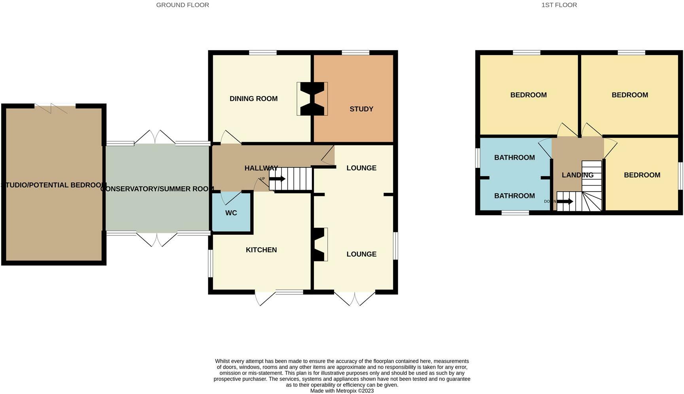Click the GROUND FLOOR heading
[x=183, y=5]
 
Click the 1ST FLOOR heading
[x=559, y=5]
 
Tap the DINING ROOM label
[x=253, y=99]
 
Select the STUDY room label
[x=361, y=109]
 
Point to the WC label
[x=231, y=213]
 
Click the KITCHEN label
[x=261, y=250]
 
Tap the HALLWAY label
[x=261, y=168]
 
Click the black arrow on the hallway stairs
[x=278, y=179]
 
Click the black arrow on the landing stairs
[x=565, y=202]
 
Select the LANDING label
[x=578, y=175]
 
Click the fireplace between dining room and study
[x=312, y=99]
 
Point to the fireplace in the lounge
[x=321, y=244]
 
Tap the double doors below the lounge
[x=355, y=299]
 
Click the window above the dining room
[x=263, y=52]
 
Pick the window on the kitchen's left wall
[x=211, y=263]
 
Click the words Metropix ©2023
[x=355, y=391]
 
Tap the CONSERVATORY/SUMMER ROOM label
[x=157, y=189]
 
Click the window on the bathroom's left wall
[x=478, y=158]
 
